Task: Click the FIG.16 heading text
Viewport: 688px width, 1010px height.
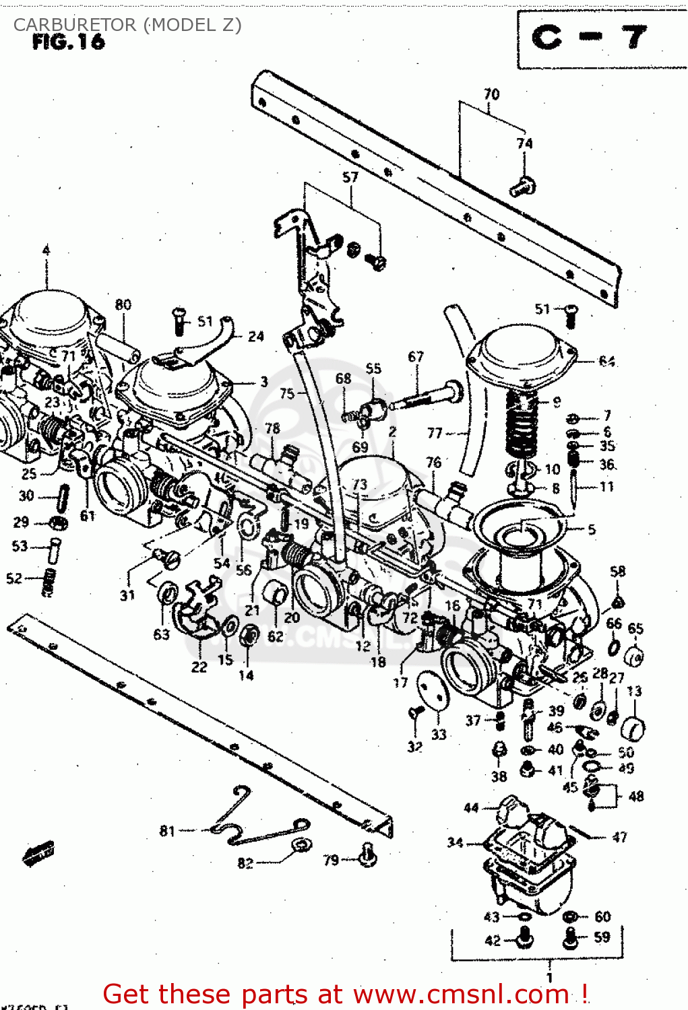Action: click(68, 42)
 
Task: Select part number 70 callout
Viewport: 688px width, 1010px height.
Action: click(491, 94)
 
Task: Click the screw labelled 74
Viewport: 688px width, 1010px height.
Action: click(522, 185)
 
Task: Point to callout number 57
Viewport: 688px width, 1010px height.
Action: click(350, 177)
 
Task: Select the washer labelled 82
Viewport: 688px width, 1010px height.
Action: click(299, 845)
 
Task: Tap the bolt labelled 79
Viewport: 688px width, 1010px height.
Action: click(367, 854)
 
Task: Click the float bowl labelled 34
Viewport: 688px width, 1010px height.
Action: click(529, 855)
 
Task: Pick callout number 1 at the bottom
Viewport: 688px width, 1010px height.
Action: click(549, 977)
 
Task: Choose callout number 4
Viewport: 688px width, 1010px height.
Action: click(46, 250)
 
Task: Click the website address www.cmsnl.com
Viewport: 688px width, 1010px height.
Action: click(461, 994)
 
